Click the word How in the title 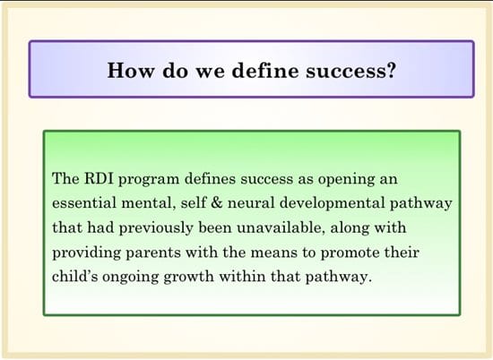pos(131,70)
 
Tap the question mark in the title pos(390,70)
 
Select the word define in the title pos(265,70)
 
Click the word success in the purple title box pos(345,71)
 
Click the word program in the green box pos(149,180)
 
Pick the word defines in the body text pos(210,179)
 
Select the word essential pos(84,202)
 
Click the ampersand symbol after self pos(217,202)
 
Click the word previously pos(156,228)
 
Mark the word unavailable pos(281,227)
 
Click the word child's pos(74,277)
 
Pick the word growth pos(188,278)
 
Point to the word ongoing pos(131,278)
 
